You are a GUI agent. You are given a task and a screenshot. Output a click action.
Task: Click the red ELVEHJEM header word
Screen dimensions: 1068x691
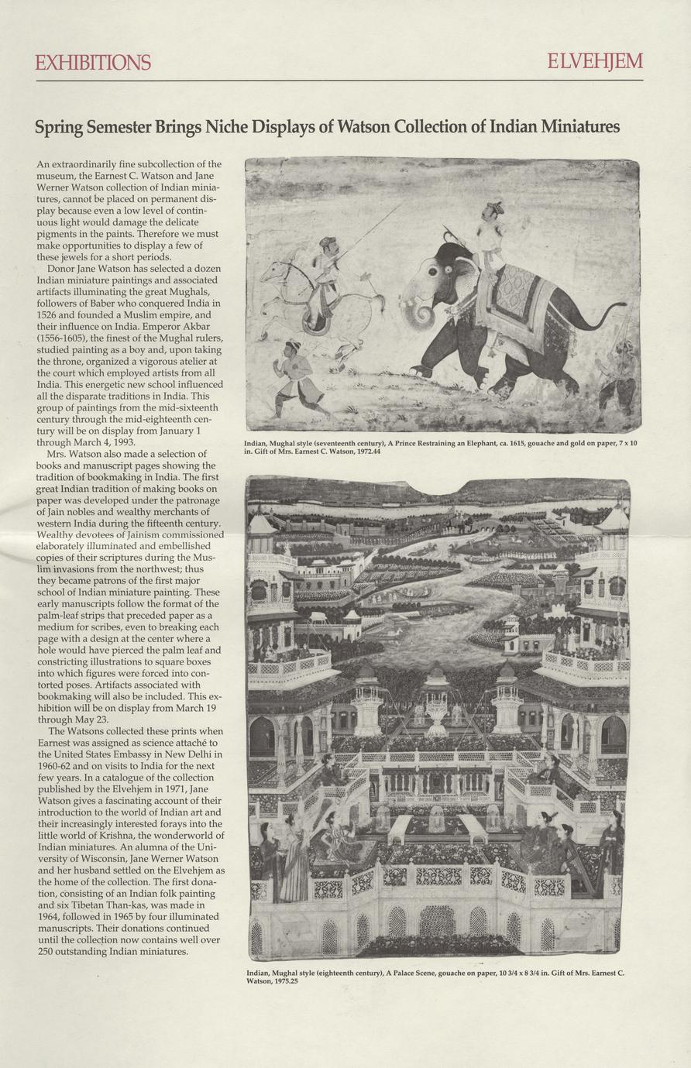594,62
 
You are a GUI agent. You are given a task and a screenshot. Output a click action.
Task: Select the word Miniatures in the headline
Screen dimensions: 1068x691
575,126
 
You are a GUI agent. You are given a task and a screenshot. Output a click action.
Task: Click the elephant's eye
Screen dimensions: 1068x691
449,270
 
